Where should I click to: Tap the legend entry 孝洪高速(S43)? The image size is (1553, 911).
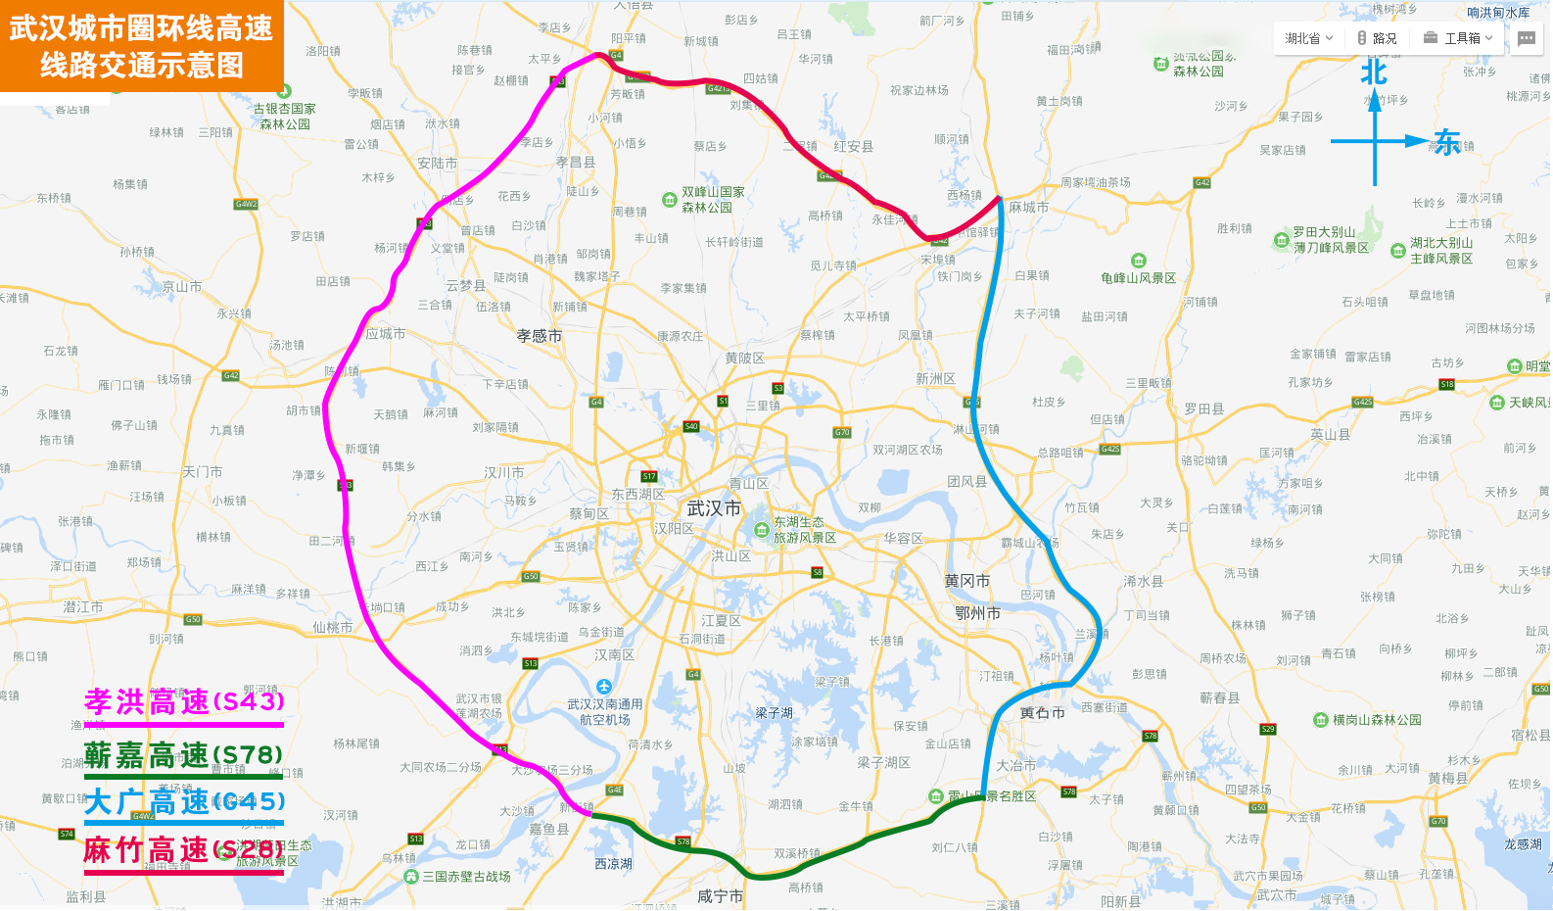(184, 701)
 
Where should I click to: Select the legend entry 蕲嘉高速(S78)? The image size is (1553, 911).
(183, 755)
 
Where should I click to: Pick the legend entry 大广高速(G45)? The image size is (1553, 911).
(184, 802)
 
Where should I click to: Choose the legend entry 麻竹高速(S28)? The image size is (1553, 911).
(183, 849)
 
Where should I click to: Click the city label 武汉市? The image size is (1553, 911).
(714, 508)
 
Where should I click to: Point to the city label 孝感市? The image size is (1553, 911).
(540, 336)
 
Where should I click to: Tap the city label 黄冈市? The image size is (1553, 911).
(966, 581)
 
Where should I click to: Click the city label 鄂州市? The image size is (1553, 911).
(977, 613)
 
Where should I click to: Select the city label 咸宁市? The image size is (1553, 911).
(720, 896)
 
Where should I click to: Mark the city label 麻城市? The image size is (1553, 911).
(1028, 208)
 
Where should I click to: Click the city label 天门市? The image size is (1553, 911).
(202, 472)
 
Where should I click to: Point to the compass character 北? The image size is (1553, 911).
(1374, 72)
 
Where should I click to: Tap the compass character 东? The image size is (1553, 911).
(1447, 142)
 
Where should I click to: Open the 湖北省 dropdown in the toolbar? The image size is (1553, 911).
(1308, 38)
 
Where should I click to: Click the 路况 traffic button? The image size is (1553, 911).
(1377, 38)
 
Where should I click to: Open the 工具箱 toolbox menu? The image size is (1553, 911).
(1458, 38)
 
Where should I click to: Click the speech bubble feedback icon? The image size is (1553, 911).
(1527, 38)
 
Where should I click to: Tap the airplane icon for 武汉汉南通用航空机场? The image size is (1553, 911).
(604, 687)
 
